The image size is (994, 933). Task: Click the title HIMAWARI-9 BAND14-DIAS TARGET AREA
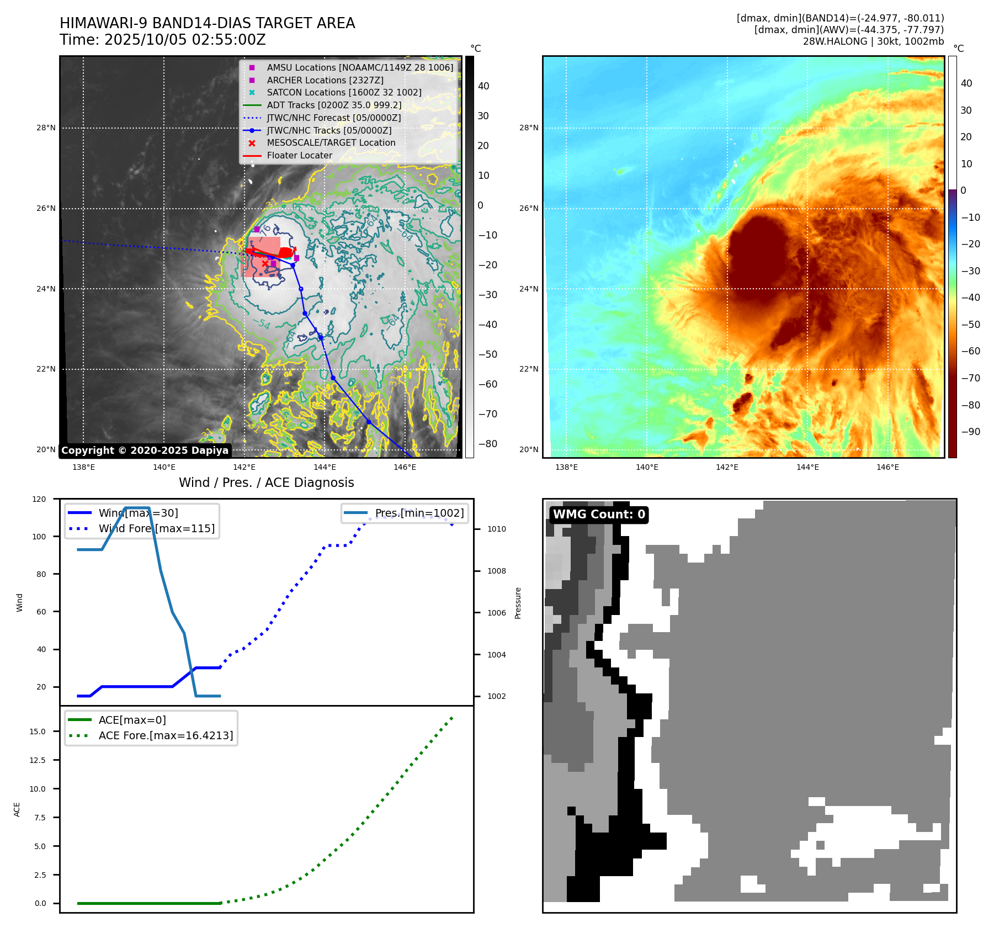tap(207, 23)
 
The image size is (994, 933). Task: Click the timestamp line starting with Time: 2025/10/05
tap(163, 40)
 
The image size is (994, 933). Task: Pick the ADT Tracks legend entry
tap(333, 105)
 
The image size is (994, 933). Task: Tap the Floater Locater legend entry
tap(299, 156)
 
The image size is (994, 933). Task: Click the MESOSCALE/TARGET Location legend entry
tap(331, 143)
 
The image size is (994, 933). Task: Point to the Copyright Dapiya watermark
tap(145, 450)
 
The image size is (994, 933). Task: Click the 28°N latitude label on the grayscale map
tap(46, 128)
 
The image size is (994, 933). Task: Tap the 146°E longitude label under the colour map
tap(887, 468)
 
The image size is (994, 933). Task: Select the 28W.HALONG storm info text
tap(873, 41)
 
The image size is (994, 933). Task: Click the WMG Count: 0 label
tap(599, 515)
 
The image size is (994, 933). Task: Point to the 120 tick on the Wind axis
tap(40, 499)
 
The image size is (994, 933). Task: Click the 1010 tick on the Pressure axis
tap(496, 529)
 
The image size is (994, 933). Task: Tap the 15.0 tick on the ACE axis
tap(38, 731)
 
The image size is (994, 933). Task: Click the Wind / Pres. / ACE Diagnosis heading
tap(266, 483)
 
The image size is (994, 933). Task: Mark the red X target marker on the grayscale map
tap(265, 264)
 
